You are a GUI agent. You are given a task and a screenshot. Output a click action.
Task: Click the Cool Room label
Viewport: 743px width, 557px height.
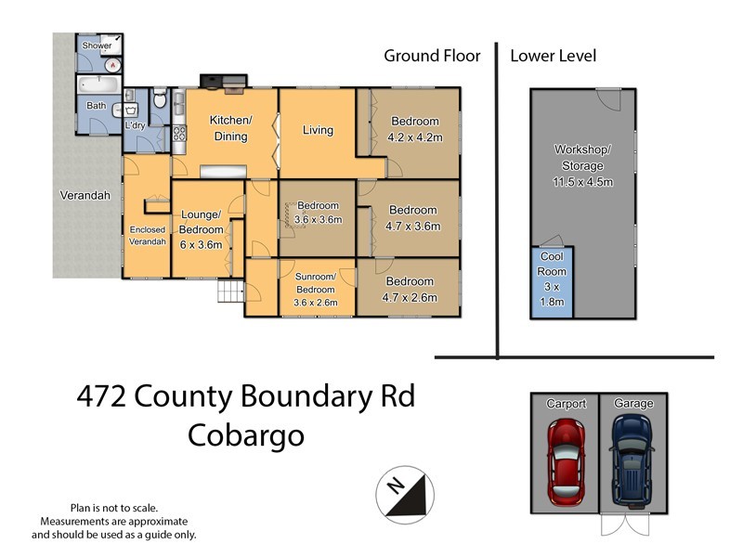click(552, 266)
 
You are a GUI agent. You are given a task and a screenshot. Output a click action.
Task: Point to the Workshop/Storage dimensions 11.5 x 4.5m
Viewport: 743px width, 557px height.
click(582, 182)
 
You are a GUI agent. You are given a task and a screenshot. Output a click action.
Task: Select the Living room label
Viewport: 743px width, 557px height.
click(318, 130)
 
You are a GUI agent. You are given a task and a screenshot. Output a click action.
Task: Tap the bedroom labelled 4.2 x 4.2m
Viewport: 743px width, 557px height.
click(415, 129)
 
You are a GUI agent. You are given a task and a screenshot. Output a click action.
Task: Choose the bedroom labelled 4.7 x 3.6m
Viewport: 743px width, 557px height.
click(413, 217)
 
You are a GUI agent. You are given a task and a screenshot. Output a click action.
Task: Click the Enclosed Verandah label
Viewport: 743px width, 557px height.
click(147, 235)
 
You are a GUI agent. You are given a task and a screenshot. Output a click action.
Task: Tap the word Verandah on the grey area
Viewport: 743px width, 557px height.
click(85, 196)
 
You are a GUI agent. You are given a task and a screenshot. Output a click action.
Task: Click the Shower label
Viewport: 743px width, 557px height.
click(97, 45)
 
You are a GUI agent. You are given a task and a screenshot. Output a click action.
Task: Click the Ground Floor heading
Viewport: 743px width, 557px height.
click(432, 56)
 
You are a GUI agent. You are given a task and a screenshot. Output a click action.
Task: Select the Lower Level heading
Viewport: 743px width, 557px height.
click(554, 56)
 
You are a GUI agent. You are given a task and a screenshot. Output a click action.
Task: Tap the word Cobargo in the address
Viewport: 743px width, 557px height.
click(246, 434)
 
